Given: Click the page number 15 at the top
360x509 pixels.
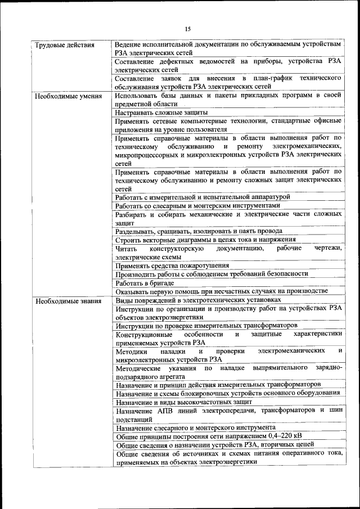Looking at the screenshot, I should (188, 29).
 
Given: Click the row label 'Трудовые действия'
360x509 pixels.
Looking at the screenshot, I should (64, 45).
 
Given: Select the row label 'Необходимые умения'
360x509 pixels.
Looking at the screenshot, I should (68, 96).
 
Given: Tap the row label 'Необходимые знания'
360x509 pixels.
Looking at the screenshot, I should (68, 301).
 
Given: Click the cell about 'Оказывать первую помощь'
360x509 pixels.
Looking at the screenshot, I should (221, 291).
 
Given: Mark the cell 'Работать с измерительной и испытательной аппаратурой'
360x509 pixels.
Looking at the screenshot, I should (202, 197).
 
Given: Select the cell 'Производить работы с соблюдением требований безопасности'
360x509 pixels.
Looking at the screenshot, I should (211, 274).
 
